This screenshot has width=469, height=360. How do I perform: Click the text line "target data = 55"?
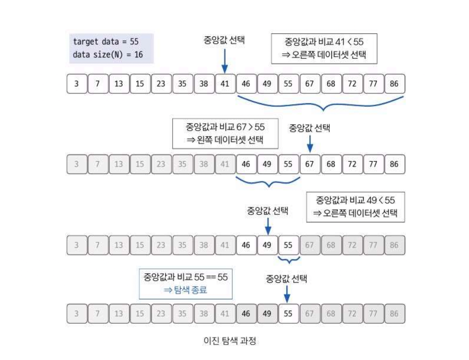point(106,42)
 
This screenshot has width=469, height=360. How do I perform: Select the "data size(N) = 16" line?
point(108,54)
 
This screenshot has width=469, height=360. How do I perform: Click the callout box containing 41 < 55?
point(324,48)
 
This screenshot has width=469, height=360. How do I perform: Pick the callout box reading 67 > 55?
point(225,133)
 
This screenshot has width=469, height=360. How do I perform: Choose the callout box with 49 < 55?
point(355,207)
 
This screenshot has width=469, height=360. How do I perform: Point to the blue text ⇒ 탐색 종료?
point(185,290)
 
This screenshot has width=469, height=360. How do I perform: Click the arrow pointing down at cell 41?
point(225,62)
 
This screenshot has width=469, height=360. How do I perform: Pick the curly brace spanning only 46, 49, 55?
point(268,182)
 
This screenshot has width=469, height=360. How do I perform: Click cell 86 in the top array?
point(395,84)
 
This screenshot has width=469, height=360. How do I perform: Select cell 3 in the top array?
point(76,84)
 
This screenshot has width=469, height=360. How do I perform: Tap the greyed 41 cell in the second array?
point(225,164)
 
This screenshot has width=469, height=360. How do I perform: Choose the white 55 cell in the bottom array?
point(288,314)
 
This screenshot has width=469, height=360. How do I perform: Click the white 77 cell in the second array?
point(373,164)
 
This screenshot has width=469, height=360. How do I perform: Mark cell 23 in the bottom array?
point(161,314)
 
